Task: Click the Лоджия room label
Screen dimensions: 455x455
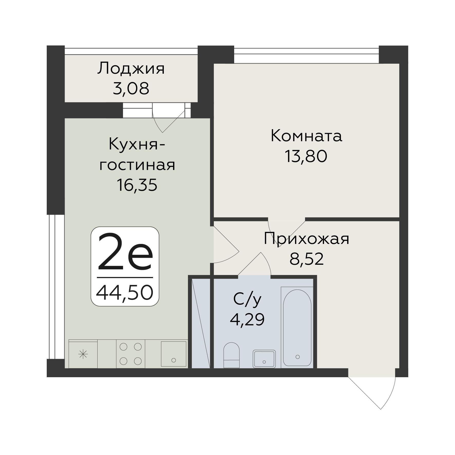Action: click(x=131, y=69)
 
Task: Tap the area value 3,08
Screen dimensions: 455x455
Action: click(x=131, y=89)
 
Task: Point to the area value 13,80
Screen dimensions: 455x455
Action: click(x=306, y=156)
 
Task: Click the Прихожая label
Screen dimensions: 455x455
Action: click(x=306, y=239)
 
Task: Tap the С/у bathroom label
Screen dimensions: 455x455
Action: click(x=247, y=299)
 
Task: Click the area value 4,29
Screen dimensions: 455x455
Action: click(x=247, y=320)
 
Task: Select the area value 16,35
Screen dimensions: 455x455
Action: click(x=137, y=185)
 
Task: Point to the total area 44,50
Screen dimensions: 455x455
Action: click(x=125, y=293)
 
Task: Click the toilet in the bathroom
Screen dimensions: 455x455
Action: click(x=231, y=355)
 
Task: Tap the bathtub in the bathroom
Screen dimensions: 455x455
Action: click(x=297, y=327)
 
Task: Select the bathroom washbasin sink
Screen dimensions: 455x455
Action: click(x=264, y=359)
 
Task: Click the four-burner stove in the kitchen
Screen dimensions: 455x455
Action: click(x=130, y=354)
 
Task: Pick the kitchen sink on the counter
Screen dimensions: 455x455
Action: click(x=173, y=354)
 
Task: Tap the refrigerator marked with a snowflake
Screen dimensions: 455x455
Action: click(x=83, y=355)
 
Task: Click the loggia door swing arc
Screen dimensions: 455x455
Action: click(x=164, y=121)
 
